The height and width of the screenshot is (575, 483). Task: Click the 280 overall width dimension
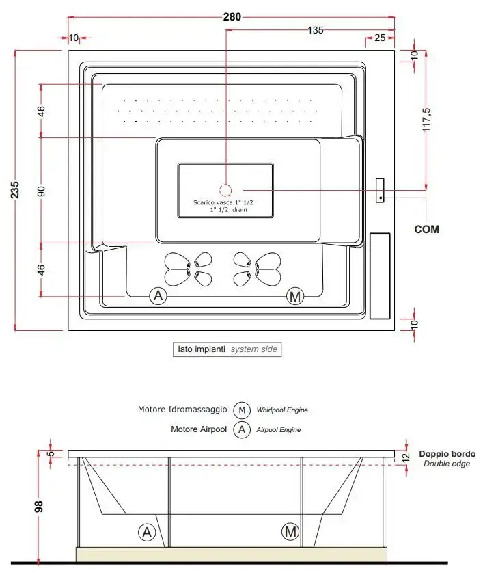[x=232, y=17]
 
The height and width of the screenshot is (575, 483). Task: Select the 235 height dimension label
[x=16, y=190]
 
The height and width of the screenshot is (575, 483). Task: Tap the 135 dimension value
[x=315, y=30]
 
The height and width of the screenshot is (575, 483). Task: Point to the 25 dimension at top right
[x=380, y=37]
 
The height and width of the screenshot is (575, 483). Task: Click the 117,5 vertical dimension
[x=426, y=119]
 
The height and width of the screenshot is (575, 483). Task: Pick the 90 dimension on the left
[x=41, y=190]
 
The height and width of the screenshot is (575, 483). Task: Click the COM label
[x=426, y=229]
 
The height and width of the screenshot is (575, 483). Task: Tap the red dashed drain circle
[x=226, y=190]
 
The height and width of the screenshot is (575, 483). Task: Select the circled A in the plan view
[x=158, y=296]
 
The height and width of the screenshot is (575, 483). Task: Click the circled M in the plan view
[x=295, y=296]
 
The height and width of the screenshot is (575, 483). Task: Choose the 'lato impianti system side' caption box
[x=226, y=349]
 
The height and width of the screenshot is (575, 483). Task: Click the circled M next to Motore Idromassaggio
[x=242, y=410]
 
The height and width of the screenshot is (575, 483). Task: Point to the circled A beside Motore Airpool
[x=242, y=430]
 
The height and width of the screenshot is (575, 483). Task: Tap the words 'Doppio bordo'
[x=447, y=453]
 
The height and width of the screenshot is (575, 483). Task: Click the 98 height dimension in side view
[x=40, y=507]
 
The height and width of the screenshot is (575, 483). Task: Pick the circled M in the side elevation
[x=290, y=531]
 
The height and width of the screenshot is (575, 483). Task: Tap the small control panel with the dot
[x=380, y=191]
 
